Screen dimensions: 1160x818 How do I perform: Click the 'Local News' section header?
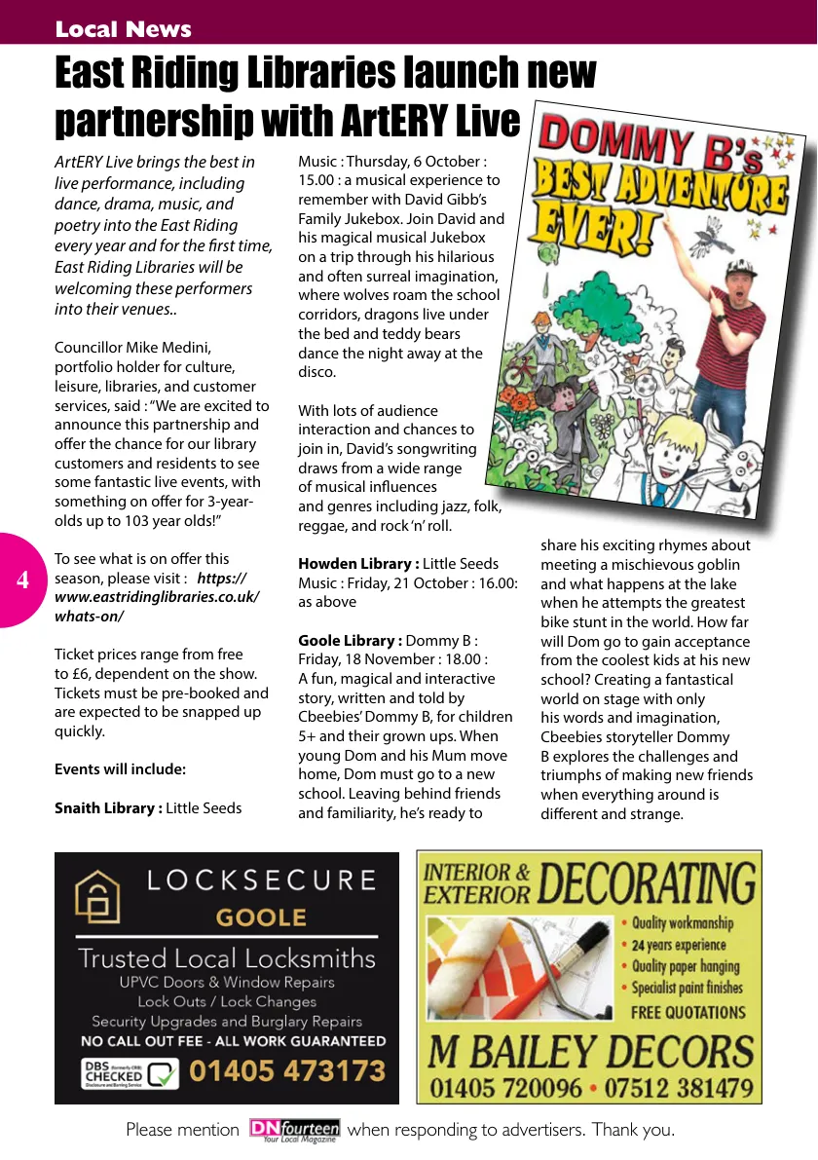tap(123, 29)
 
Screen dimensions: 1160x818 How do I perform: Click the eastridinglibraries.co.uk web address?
tap(157, 597)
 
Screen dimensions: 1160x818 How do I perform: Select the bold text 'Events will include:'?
tap(120, 769)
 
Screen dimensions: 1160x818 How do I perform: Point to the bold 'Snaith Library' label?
tap(108, 807)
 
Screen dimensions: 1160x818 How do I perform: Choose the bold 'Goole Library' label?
tap(350, 640)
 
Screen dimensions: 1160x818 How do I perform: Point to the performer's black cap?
tap(742, 268)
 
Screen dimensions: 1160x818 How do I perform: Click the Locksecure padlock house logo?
tap(98, 896)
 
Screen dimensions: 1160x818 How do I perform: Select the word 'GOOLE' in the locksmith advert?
tap(261, 917)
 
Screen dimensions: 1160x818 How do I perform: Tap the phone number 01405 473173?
tap(287, 1071)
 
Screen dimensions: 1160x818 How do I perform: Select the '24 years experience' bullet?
tap(679, 945)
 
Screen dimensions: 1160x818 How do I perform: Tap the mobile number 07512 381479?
tap(676, 1087)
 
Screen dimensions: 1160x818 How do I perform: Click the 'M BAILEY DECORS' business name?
tap(591, 1052)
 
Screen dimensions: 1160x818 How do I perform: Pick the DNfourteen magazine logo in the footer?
tap(294, 1131)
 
